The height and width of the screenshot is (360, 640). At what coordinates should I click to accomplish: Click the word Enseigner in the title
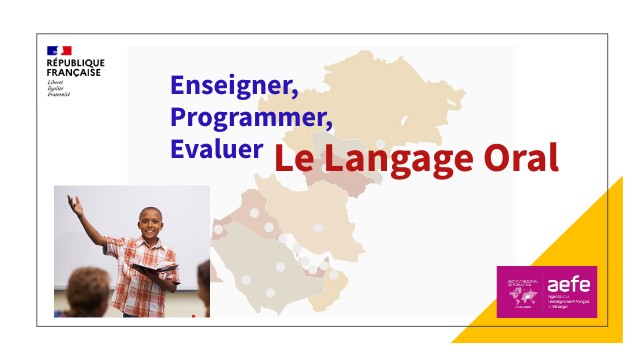233,86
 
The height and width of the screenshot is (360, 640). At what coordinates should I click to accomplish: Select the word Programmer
250,117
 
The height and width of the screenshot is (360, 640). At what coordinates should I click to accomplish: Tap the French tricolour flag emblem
59,51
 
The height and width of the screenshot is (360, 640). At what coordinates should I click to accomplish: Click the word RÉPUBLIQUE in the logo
75,62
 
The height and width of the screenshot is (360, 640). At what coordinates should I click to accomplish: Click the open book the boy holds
153,270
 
